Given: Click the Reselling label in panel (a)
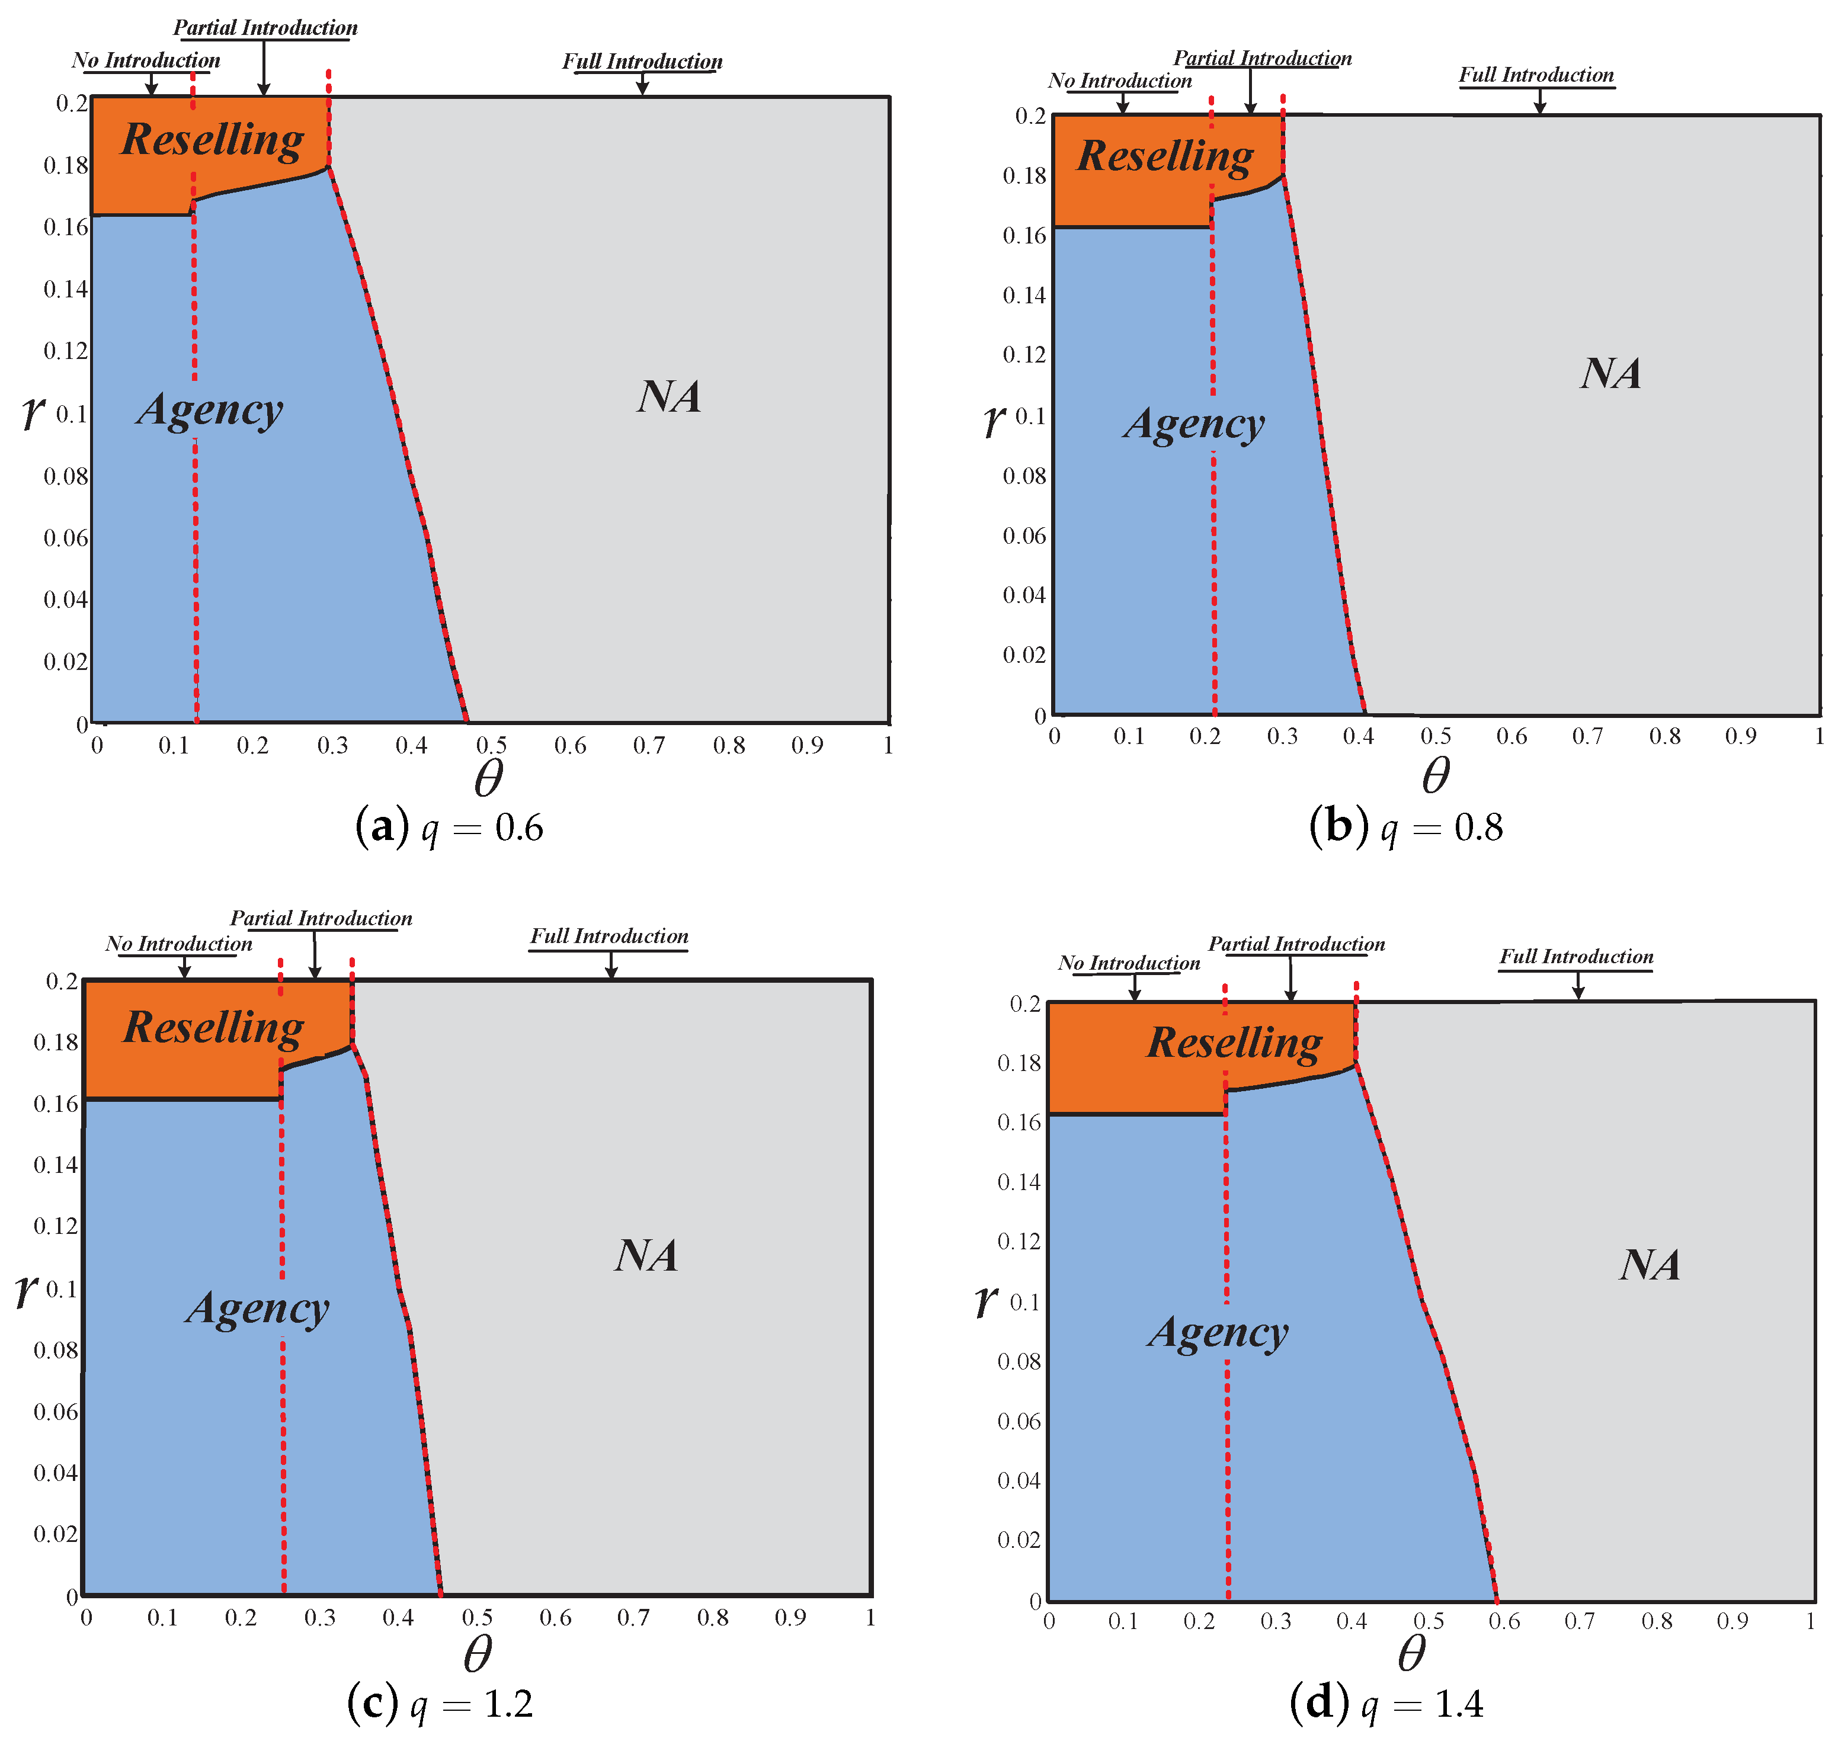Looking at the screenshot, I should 213,140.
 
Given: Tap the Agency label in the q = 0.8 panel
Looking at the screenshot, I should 1194,424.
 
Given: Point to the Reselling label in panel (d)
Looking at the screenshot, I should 1234,1042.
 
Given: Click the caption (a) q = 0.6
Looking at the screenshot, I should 449,826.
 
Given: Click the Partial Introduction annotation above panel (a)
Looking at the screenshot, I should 265,28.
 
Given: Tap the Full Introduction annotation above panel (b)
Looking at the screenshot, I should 1536,75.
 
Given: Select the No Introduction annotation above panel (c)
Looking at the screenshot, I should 178,944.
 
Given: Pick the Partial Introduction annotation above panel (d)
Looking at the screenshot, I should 1296,944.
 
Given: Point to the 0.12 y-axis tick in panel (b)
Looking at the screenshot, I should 1024,354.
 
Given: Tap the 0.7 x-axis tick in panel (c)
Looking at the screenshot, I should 634,1618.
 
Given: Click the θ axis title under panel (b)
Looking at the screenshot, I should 1436,775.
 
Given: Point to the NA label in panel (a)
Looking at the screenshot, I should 669,396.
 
